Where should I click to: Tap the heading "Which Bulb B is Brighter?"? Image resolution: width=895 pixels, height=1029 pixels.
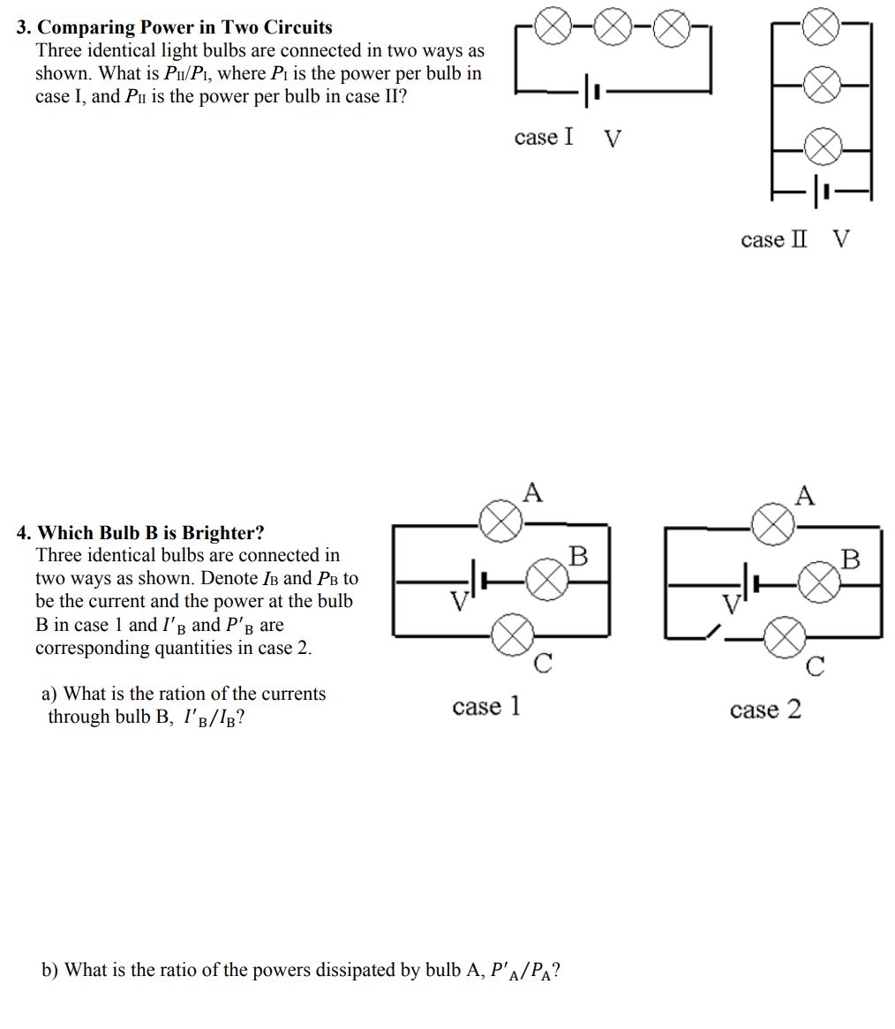tap(151, 533)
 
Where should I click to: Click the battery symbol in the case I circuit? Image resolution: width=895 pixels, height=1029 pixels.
tap(591, 90)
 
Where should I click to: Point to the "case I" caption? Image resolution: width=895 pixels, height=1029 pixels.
tap(543, 137)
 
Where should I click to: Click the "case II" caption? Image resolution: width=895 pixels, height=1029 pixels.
tap(774, 239)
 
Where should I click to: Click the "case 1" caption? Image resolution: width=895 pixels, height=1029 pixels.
tap(486, 706)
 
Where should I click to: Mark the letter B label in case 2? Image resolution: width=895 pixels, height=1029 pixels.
tap(850, 559)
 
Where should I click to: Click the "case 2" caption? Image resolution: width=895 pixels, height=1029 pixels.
tap(765, 710)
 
